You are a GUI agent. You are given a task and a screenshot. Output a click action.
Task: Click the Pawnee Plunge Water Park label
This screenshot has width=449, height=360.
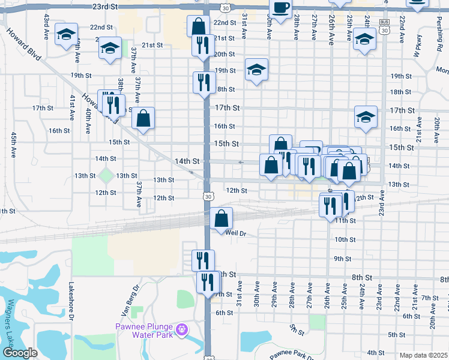point(145,330)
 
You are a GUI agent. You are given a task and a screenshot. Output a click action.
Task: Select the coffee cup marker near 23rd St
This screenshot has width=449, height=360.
point(280,7)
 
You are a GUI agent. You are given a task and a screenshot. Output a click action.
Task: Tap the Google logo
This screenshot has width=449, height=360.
point(20,353)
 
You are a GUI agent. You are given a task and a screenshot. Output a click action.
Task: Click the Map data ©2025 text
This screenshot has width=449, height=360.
point(423,355)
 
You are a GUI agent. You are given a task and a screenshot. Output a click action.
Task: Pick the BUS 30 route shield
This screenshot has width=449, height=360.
point(384,26)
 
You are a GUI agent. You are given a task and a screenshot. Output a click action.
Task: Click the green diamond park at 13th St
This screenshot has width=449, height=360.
point(106,176)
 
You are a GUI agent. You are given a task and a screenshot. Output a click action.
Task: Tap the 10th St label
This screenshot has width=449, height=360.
point(345,239)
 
